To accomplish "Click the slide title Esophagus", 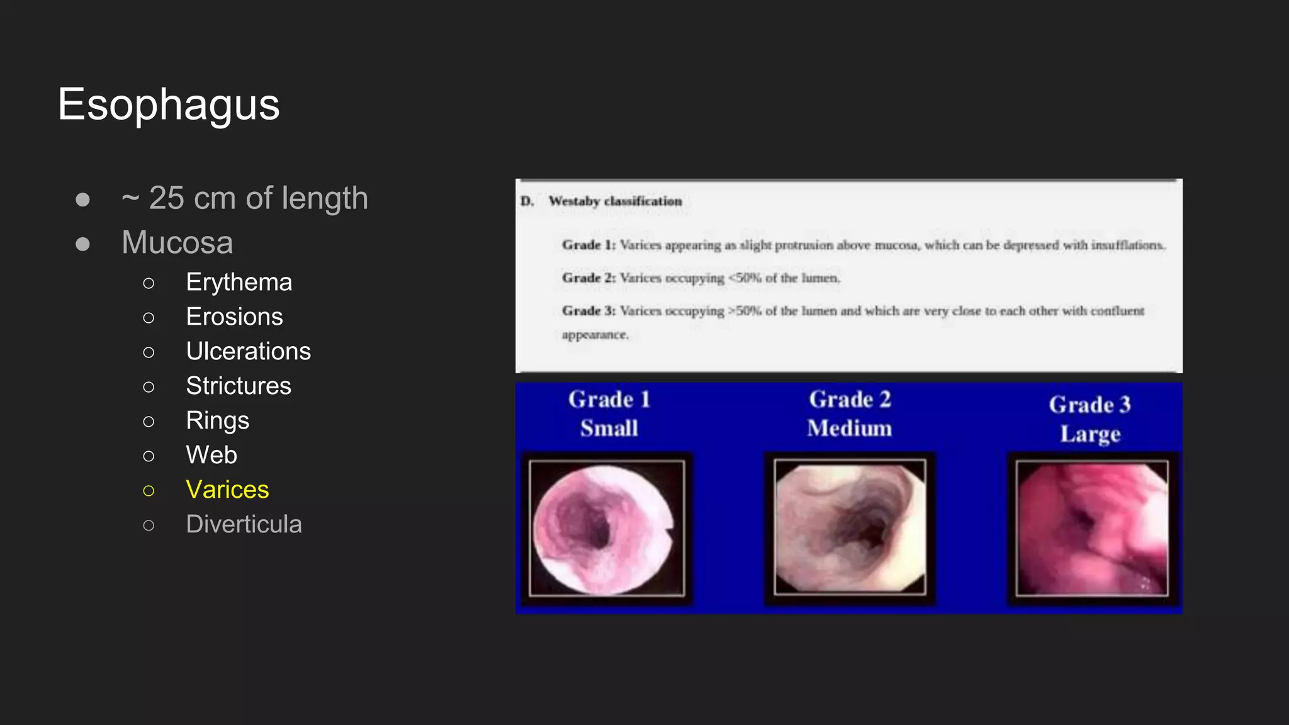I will (169, 104).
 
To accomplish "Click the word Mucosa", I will (177, 242).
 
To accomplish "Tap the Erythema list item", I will (239, 282).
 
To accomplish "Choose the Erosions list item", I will (234, 317).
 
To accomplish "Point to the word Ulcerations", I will (248, 351).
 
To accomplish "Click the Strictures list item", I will (239, 386).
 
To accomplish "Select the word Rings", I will (217, 420).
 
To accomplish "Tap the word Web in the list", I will (211, 455).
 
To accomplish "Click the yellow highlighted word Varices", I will (227, 490).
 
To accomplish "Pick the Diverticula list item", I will (244, 524).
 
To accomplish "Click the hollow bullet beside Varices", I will (149, 490).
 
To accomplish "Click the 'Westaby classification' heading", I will (615, 201).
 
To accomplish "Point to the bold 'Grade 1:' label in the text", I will (588, 245).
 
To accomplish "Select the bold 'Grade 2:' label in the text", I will (588, 278).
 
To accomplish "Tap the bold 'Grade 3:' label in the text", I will (588, 311).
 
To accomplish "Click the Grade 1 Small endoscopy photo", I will (607, 528).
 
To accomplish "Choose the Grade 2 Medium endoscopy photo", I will (850, 527).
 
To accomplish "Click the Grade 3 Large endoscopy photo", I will (1092, 528).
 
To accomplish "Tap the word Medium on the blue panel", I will (850, 429).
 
